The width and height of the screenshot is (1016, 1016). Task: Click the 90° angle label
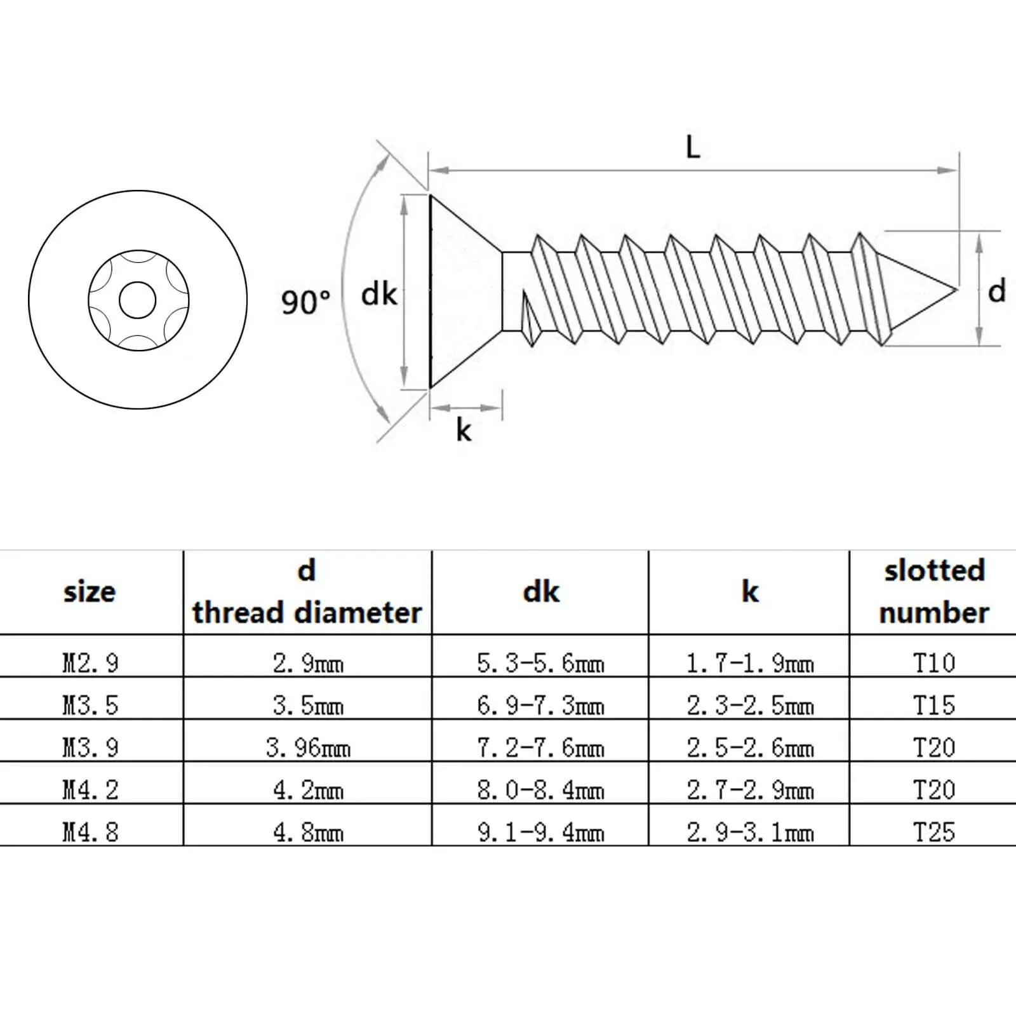coord(305,302)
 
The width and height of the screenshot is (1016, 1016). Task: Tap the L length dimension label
coord(693,148)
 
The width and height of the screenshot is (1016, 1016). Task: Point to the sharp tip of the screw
coord(955,291)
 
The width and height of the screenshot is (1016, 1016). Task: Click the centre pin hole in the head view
coord(137,300)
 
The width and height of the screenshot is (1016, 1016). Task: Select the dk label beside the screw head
coord(378,295)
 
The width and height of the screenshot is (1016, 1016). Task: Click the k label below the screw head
coord(464,431)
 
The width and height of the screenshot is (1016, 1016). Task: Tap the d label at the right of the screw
coord(996,291)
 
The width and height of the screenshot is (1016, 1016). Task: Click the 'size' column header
coord(90,592)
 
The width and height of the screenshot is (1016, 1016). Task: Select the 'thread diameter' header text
coord(307,613)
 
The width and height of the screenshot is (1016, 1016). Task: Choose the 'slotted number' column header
coord(933,592)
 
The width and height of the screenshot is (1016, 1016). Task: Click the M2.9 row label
coord(90,663)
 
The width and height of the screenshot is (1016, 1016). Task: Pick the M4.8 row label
coord(90,832)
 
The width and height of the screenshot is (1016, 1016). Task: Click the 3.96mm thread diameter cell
coord(308,747)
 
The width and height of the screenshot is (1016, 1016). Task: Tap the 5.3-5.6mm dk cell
coord(540,663)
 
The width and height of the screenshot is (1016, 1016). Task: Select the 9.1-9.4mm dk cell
coord(540,832)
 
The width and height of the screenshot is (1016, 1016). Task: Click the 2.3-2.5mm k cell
coord(750,705)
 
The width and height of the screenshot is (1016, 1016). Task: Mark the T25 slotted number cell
coord(933,832)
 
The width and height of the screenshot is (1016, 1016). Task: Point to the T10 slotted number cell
coord(933,663)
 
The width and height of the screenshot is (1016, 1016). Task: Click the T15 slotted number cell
coord(933,705)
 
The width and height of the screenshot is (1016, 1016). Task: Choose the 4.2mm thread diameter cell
coord(308,790)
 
